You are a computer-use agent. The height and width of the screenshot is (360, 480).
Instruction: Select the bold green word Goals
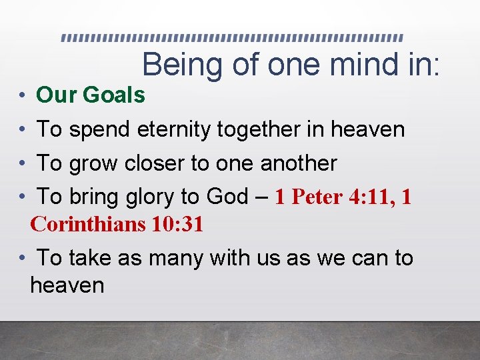113,95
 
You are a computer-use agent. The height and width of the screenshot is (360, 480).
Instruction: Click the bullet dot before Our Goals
23,96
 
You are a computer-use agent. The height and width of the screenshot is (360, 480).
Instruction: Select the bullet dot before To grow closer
23,163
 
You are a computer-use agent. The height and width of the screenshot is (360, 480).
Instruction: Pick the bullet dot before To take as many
23,258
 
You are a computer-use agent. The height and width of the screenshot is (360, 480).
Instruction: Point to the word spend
98,129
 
